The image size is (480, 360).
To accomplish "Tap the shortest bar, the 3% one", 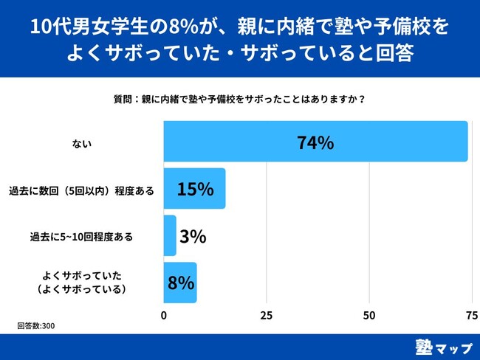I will (170, 236).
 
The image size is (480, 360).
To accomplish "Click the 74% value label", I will (315, 143).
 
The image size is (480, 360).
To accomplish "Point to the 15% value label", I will (195, 190).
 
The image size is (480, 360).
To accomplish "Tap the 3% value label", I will (192, 237).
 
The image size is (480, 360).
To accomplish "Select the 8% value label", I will (181, 283).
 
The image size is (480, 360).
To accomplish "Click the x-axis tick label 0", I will (163, 315).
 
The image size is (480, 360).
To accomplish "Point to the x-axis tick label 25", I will (267, 315).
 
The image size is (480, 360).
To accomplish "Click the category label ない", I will (81, 143).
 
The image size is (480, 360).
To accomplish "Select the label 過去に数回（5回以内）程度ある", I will (82, 190).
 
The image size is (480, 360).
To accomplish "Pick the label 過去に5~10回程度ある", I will (82, 237).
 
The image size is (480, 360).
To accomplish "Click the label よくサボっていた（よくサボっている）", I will (82, 283).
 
